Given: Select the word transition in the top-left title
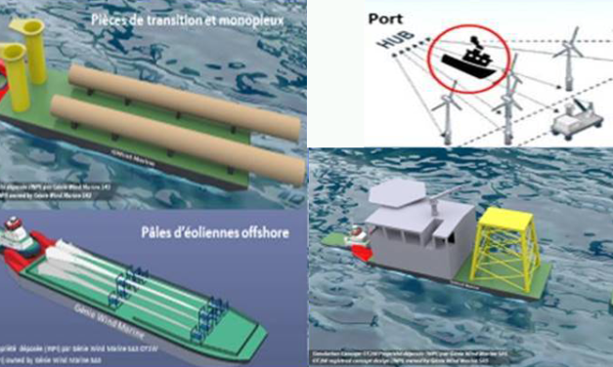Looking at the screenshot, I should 166,19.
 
